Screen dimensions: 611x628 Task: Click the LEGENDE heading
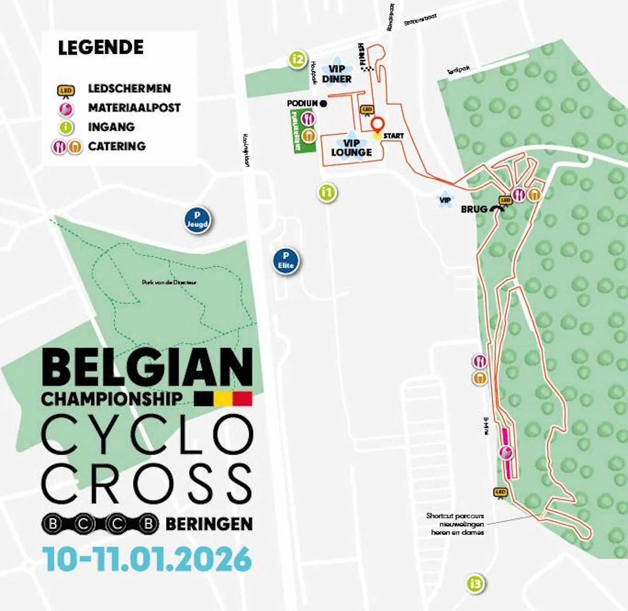pyautogui.click(x=100, y=48)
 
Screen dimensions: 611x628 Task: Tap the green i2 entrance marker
pyautogui.click(x=298, y=59)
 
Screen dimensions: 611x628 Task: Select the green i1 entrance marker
pyautogui.click(x=327, y=193)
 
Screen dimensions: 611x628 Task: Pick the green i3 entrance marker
pyautogui.click(x=475, y=583)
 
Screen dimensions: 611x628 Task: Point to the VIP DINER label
pyautogui.click(x=337, y=74)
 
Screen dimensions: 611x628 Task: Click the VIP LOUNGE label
pyautogui.click(x=351, y=148)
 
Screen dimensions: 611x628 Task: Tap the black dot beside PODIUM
pyautogui.click(x=323, y=104)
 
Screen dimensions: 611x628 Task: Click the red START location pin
pyautogui.click(x=377, y=125)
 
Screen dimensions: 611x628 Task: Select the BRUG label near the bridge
pyautogui.click(x=474, y=209)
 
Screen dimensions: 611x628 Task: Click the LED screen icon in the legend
pyautogui.click(x=66, y=91)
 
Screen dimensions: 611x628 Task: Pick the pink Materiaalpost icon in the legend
pyautogui.click(x=66, y=108)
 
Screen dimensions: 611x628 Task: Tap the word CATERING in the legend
pyautogui.click(x=117, y=146)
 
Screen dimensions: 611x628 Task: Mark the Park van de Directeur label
pyautogui.click(x=169, y=282)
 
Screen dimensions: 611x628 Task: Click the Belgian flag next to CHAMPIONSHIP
pyautogui.click(x=223, y=399)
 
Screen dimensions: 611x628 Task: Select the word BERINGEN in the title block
pyautogui.click(x=209, y=524)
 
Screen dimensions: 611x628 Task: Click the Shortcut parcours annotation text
pyautogui.click(x=455, y=524)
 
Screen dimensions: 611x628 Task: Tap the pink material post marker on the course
pyautogui.click(x=506, y=452)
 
